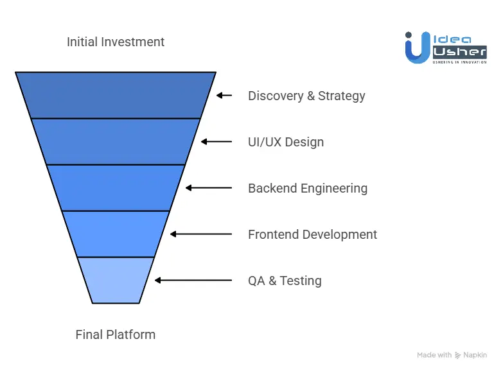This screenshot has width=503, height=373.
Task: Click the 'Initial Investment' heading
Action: [x=116, y=42]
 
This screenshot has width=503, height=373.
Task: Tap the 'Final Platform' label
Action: [x=116, y=334]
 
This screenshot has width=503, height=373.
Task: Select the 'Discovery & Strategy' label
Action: [x=306, y=96]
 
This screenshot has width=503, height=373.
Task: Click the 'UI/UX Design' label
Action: [x=286, y=142]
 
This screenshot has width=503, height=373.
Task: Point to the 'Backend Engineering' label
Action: [x=308, y=188]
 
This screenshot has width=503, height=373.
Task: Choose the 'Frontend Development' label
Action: [x=312, y=234]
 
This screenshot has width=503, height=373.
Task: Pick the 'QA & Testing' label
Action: [x=285, y=281]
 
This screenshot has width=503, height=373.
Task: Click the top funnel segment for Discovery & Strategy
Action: [x=116, y=95]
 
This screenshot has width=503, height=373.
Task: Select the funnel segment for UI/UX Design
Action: [x=116, y=141]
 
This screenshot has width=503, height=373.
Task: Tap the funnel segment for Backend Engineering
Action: [x=116, y=187]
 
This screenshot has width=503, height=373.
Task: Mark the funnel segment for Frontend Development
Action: [x=116, y=234]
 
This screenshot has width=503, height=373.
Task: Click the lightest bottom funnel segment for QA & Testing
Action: [x=116, y=280]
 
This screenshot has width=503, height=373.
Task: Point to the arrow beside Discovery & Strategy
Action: [x=224, y=96]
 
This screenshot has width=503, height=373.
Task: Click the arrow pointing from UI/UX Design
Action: [x=216, y=142]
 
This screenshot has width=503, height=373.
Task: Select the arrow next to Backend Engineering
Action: [x=208, y=188]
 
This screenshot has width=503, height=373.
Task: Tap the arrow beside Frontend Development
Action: [x=200, y=234]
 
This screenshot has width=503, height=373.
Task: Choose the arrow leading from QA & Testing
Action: [x=193, y=281]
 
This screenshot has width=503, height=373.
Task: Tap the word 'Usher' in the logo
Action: [x=458, y=51]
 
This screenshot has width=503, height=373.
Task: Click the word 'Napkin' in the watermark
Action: [x=475, y=355]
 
